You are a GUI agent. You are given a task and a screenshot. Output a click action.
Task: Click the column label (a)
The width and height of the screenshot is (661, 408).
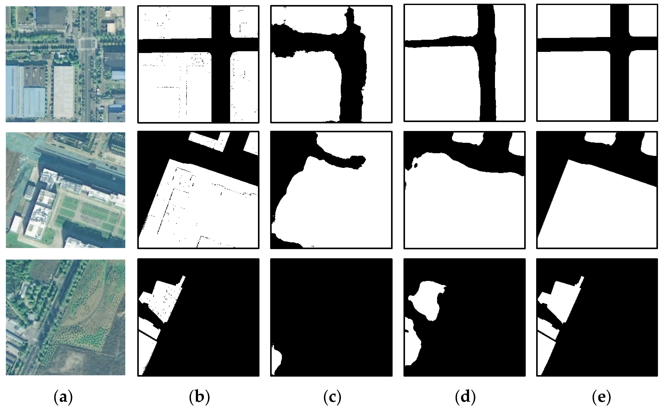[x=64, y=397]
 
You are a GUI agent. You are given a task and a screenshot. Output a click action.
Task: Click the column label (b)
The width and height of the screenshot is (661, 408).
[x=199, y=397]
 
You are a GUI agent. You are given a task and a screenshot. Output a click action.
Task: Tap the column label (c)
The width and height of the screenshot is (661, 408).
[x=332, y=397]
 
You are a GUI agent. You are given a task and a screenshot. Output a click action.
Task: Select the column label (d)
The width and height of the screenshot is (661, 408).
[x=465, y=397]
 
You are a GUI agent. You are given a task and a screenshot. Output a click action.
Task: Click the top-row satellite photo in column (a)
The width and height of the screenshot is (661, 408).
[x=65, y=64]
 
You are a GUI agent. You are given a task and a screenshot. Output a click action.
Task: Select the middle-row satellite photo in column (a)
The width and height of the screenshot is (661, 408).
[x=65, y=190]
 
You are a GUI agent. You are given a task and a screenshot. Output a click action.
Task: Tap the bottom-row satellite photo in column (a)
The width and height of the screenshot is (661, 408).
[x=65, y=317]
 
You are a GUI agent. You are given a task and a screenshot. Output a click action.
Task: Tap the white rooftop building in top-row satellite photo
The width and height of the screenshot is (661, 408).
[x=64, y=92]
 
